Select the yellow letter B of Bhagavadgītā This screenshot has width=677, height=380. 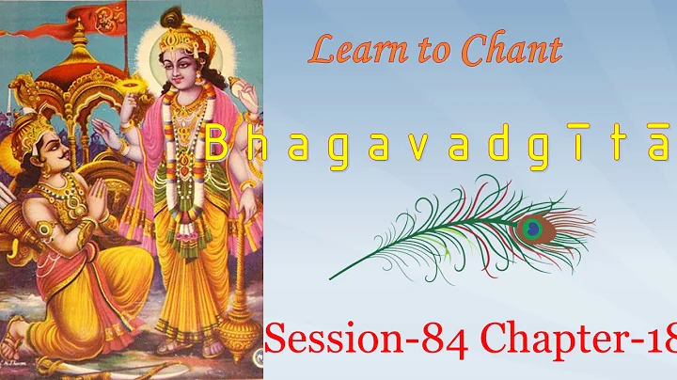(x=215, y=145)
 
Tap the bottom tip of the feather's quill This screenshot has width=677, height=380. (x=331, y=278)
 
